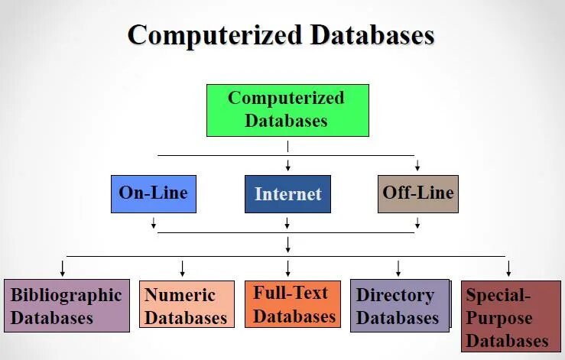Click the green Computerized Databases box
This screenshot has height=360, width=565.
pyautogui.click(x=287, y=110)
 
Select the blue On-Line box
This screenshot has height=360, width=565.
pyautogui.click(x=153, y=194)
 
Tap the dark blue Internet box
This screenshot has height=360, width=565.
pyautogui.click(x=287, y=194)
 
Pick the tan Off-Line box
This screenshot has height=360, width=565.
pyautogui.click(x=417, y=193)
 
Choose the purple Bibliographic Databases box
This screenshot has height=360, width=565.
pyautogui.click(x=66, y=306)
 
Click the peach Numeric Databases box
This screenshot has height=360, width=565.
pyautogui.click(x=187, y=304)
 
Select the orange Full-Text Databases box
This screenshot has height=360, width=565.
pyautogui.click(x=292, y=304)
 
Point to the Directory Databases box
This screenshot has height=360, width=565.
pyautogui.click(x=399, y=305)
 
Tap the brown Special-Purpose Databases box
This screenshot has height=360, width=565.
pyautogui.click(x=510, y=316)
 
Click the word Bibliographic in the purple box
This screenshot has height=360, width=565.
pyautogui.click(x=66, y=295)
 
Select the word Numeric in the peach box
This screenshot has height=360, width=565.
pyautogui.click(x=180, y=295)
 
